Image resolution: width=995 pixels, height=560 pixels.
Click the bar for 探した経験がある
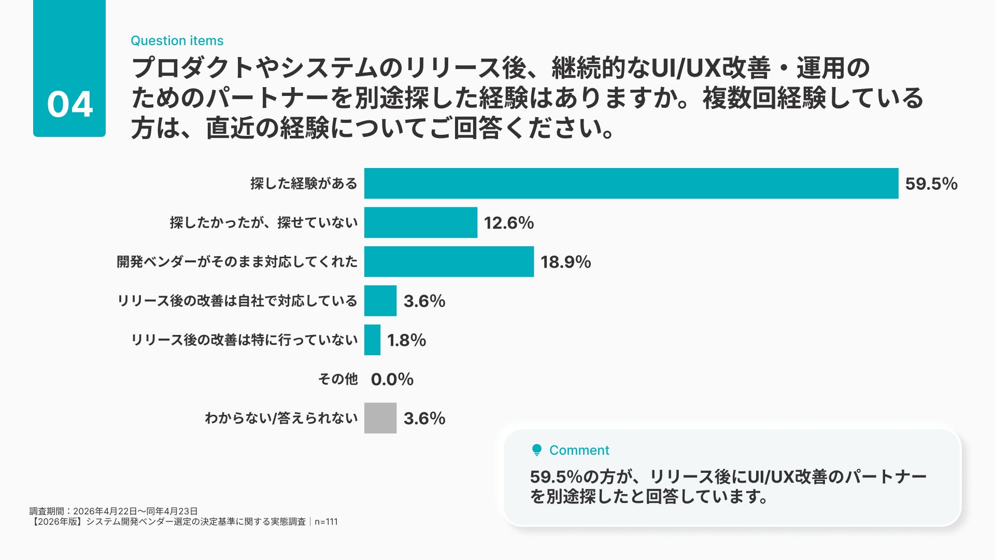(631, 183)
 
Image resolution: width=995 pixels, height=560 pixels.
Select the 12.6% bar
(421, 222)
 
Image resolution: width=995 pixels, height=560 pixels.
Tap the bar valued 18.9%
(449, 261)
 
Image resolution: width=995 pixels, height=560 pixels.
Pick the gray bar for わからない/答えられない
(380, 418)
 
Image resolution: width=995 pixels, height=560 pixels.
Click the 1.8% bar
(372, 340)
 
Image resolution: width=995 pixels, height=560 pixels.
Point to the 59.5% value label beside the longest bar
(931, 184)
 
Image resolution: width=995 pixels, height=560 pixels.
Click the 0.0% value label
(392, 379)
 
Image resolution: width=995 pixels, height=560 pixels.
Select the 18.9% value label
(566, 262)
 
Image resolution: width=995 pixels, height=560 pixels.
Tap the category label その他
(338, 379)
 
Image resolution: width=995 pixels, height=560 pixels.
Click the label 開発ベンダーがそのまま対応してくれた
(237, 261)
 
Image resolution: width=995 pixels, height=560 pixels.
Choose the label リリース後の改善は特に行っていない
(244, 340)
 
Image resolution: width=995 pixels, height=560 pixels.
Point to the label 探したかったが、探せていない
(264, 222)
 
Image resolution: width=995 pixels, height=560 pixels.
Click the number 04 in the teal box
(70, 104)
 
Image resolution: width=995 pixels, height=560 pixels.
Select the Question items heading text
(177, 40)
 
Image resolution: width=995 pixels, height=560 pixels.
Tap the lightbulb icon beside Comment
(537, 450)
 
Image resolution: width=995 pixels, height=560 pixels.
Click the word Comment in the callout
(579, 450)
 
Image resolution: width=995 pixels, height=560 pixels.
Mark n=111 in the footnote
(326, 522)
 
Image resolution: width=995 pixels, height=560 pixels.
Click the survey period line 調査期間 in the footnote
(113, 511)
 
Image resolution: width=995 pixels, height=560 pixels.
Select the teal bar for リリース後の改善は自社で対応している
(380, 301)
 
